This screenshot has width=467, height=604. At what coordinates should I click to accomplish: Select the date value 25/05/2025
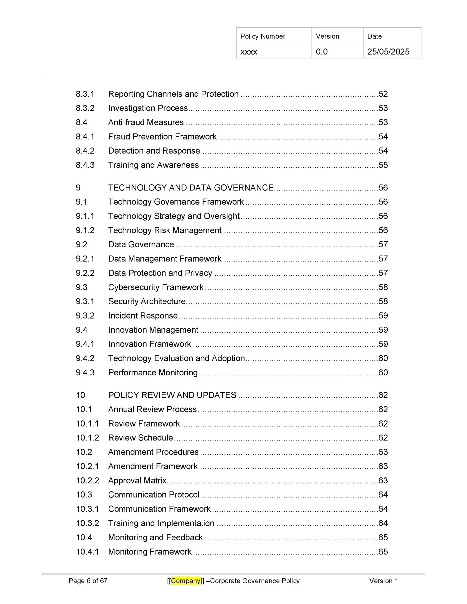click(x=388, y=52)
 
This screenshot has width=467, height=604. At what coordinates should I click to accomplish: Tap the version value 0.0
click(x=322, y=52)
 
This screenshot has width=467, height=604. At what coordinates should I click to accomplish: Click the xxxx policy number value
click(x=249, y=52)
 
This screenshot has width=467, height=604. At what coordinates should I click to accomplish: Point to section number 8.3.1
click(x=85, y=94)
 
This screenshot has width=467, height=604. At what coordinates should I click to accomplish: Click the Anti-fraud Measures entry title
click(x=146, y=122)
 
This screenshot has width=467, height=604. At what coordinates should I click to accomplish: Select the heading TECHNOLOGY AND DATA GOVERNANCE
click(x=191, y=188)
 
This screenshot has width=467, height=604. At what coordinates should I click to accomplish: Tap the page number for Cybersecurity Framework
click(x=383, y=287)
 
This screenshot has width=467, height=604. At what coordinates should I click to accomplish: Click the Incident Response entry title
click(x=143, y=315)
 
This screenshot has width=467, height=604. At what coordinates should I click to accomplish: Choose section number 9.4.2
click(x=85, y=358)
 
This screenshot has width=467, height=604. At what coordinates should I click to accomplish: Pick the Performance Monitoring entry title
click(x=153, y=373)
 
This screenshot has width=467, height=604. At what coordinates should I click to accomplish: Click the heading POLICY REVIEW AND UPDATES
click(x=172, y=395)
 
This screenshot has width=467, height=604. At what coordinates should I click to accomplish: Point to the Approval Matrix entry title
click(x=137, y=480)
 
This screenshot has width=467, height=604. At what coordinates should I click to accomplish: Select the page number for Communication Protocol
click(x=383, y=495)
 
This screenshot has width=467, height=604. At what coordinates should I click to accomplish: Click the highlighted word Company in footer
click(x=186, y=581)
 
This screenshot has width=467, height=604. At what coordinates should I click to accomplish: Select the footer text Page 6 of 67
click(x=88, y=581)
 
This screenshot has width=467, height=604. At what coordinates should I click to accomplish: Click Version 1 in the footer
click(x=383, y=581)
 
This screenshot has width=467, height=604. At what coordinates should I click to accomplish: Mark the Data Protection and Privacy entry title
click(x=160, y=273)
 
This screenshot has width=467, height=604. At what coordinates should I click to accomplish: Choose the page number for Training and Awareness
click(x=383, y=165)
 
